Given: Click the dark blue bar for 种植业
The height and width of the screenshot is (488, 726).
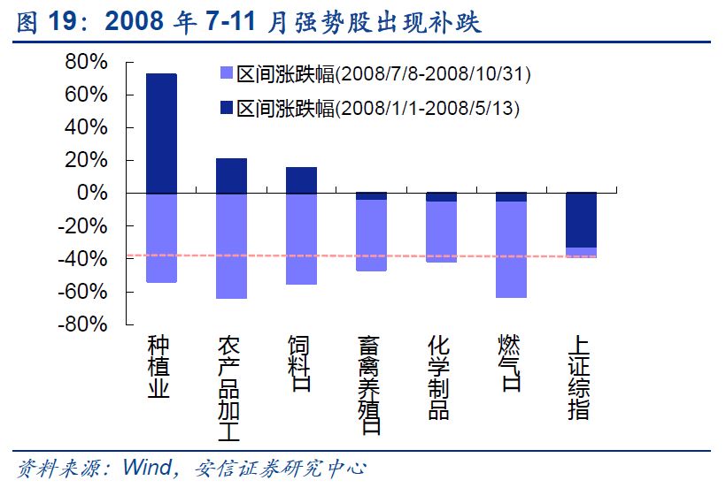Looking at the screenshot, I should pos(161,133).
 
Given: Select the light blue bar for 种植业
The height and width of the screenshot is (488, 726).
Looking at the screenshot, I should pos(161,238).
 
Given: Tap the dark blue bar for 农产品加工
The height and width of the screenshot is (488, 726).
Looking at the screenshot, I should pos(231,176).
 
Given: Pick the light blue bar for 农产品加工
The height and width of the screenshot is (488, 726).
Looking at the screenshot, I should pos(231,246).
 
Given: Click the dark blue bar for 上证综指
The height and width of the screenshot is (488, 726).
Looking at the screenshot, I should pos(581,220).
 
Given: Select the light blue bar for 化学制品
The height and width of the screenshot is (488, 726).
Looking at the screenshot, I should pos(441,232).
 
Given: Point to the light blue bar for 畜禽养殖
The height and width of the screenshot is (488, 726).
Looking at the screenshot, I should pos(371,235).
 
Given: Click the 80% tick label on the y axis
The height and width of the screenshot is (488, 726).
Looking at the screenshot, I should pos(85,62).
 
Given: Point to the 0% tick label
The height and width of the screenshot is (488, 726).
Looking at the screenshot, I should pos(94,193).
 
